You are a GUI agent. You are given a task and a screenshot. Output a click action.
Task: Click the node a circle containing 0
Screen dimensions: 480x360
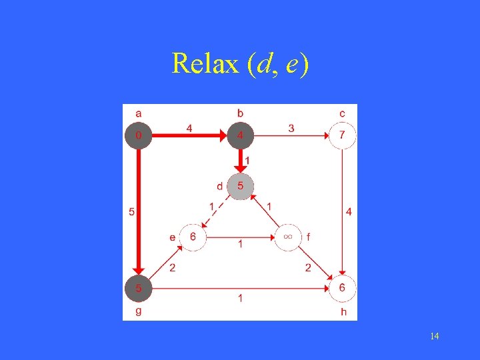tap(138, 136)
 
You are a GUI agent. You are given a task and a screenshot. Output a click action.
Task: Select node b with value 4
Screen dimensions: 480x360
tap(240, 136)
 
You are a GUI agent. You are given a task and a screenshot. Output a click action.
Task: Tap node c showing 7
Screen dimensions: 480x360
tap(342, 136)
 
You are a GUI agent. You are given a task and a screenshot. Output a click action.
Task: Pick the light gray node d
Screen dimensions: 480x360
tap(240, 186)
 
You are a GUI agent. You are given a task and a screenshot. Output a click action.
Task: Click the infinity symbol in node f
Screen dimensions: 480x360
tap(288, 237)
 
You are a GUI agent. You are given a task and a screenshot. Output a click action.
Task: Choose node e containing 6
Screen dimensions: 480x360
tap(193, 237)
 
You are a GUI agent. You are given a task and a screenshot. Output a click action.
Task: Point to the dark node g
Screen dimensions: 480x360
tap(138, 288)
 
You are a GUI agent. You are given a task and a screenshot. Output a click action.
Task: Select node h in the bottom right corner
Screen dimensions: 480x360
tap(342, 288)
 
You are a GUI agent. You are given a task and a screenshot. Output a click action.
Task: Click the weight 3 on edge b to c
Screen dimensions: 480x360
tap(291, 128)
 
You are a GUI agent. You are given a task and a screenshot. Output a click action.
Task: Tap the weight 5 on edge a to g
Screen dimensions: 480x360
tap(131, 213)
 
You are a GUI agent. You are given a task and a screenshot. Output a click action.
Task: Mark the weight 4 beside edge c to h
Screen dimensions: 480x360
tap(349, 212)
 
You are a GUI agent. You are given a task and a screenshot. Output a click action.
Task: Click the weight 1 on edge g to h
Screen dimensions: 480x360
tap(241, 298)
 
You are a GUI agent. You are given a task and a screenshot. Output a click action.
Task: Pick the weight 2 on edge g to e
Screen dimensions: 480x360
tap(173, 268)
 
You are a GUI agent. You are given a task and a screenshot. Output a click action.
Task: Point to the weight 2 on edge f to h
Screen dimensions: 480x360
tap(309, 268)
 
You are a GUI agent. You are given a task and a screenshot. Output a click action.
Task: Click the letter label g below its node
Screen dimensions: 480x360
tap(138, 311)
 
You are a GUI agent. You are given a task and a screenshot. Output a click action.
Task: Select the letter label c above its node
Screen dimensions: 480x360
tap(342, 113)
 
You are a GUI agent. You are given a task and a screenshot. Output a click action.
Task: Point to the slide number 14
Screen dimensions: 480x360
tap(434, 336)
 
